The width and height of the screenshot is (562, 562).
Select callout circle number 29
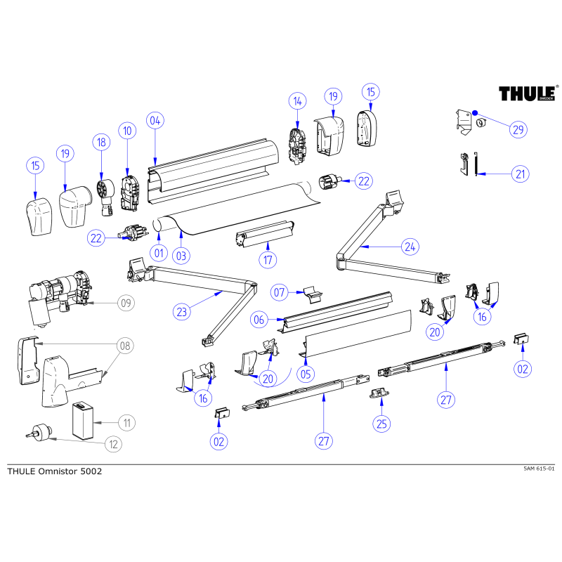tap(518, 130)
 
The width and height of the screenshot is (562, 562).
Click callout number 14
tap(297, 102)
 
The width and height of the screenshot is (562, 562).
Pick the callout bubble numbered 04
tap(156, 120)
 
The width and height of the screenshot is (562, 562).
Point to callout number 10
tap(127, 130)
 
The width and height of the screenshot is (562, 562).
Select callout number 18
tap(102, 143)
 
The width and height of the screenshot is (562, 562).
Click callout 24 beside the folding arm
tap(410, 246)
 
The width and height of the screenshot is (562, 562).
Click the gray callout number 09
tap(126, 303)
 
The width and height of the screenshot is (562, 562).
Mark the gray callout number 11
tap(126, 423)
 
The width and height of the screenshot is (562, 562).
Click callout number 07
tap(280, 292)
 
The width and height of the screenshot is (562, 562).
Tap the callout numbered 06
tap(259, 320)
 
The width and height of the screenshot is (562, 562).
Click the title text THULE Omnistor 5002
tap(54, 471)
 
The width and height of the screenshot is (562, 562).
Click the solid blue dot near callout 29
tap(475, 112)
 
